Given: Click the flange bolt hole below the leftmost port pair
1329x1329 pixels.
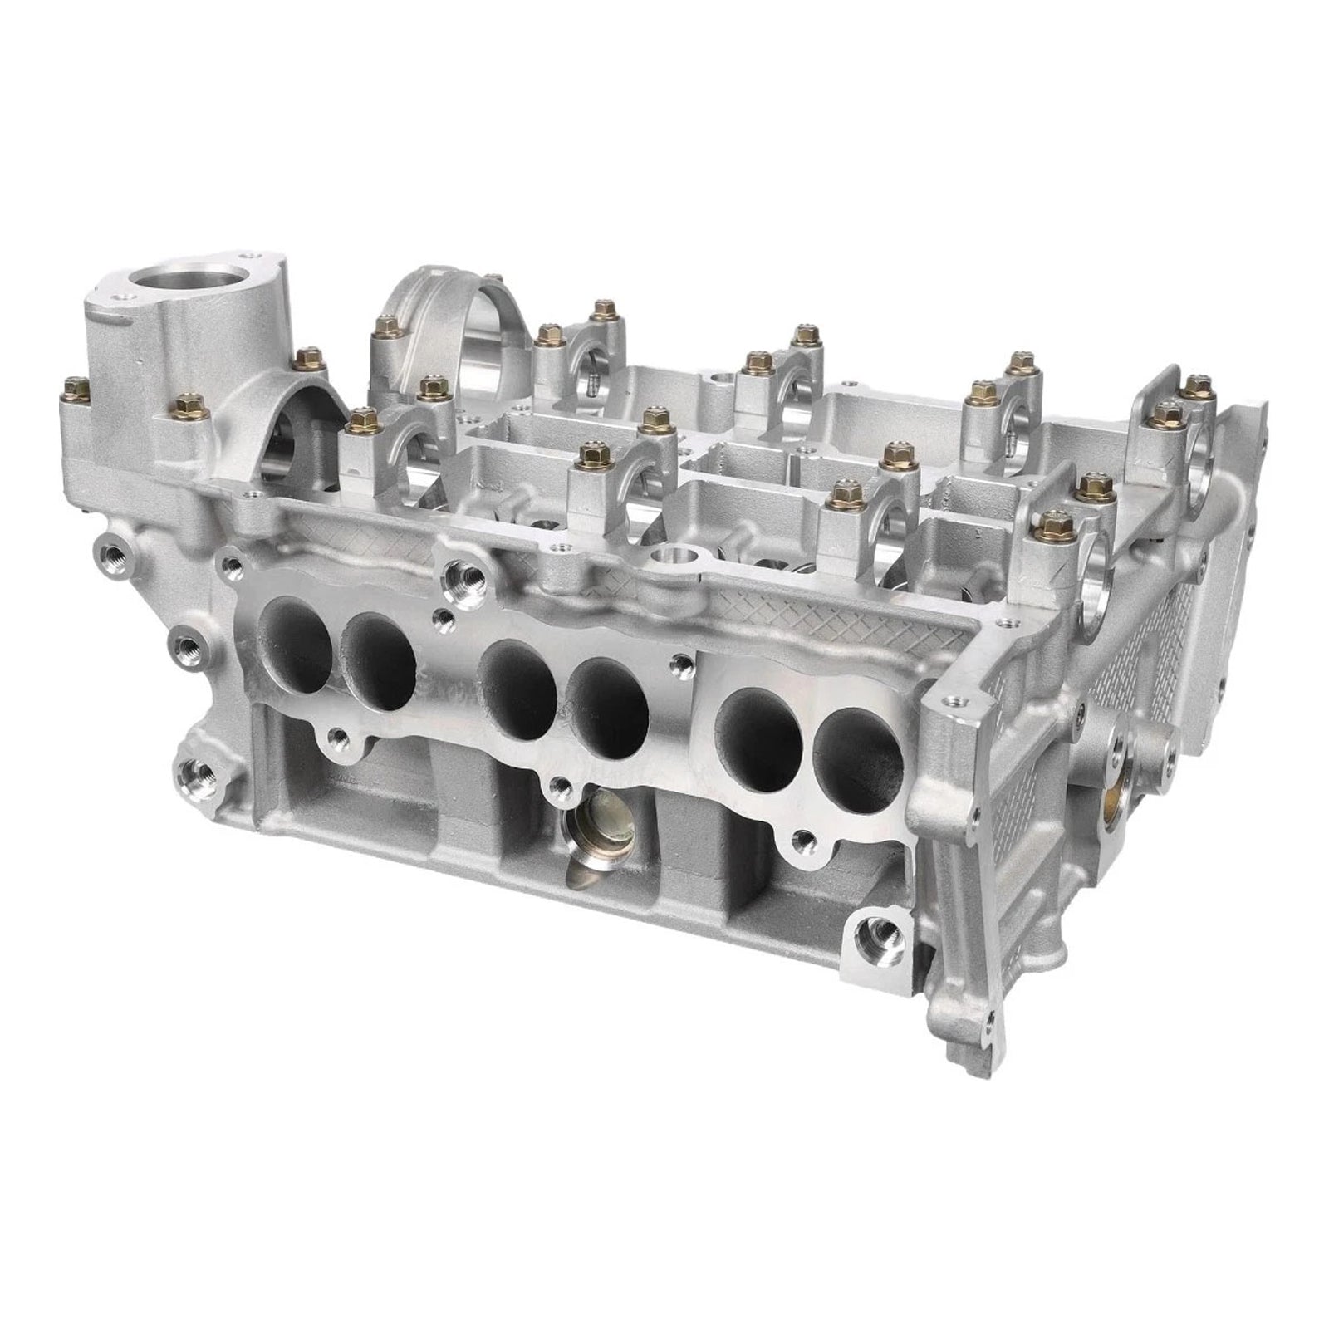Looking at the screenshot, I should tap(337, 735).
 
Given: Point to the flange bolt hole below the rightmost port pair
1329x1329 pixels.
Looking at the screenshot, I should tap(801, 838).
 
